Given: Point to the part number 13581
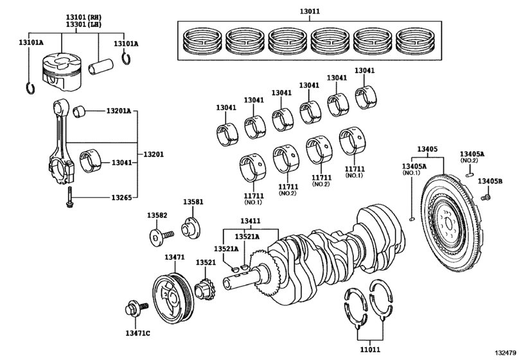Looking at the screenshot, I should point(193,202).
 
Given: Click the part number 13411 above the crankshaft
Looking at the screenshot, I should point(251,221).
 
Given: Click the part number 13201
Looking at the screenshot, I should point(154,155).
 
